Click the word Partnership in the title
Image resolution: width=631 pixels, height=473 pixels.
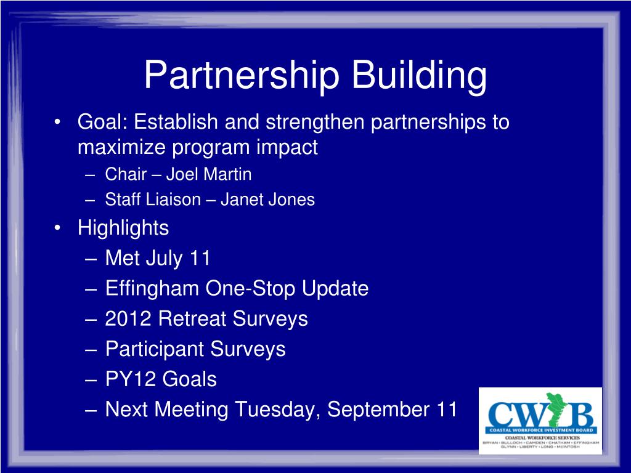(x=242, y=76)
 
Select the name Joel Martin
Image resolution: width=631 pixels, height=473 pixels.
(x=209, y=174)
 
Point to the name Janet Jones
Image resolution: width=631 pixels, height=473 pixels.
(x=267, y=200)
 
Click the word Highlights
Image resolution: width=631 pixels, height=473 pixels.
(x=123, y=228)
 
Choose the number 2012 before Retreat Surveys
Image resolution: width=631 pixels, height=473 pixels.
(x=128, y=318)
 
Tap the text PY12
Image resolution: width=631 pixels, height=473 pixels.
(x=130, y=379)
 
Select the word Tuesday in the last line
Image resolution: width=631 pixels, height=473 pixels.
(x=278, y=410)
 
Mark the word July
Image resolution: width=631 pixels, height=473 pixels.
(x=164, y=259)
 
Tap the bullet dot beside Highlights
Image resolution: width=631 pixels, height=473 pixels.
(x=57, y=228)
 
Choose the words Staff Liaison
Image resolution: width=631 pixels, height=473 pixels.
(x=153, y=200)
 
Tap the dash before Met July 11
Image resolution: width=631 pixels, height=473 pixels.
(x=91, y=259)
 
